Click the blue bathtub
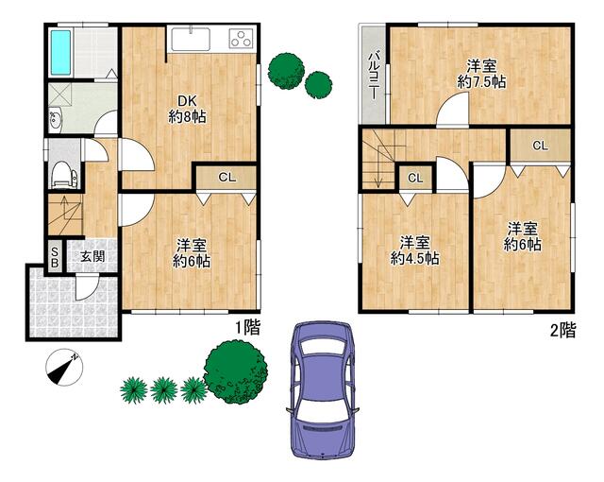60,53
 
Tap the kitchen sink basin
191,40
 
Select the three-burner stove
242,39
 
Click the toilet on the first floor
62,174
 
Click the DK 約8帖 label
187,109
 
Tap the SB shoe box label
55,258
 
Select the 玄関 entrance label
92,256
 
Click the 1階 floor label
247,328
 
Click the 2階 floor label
562,331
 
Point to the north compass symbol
64,367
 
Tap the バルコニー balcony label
373,77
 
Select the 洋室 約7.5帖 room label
481,74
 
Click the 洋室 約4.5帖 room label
414,250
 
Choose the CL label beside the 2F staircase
415,178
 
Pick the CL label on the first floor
226,178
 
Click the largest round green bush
235,371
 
